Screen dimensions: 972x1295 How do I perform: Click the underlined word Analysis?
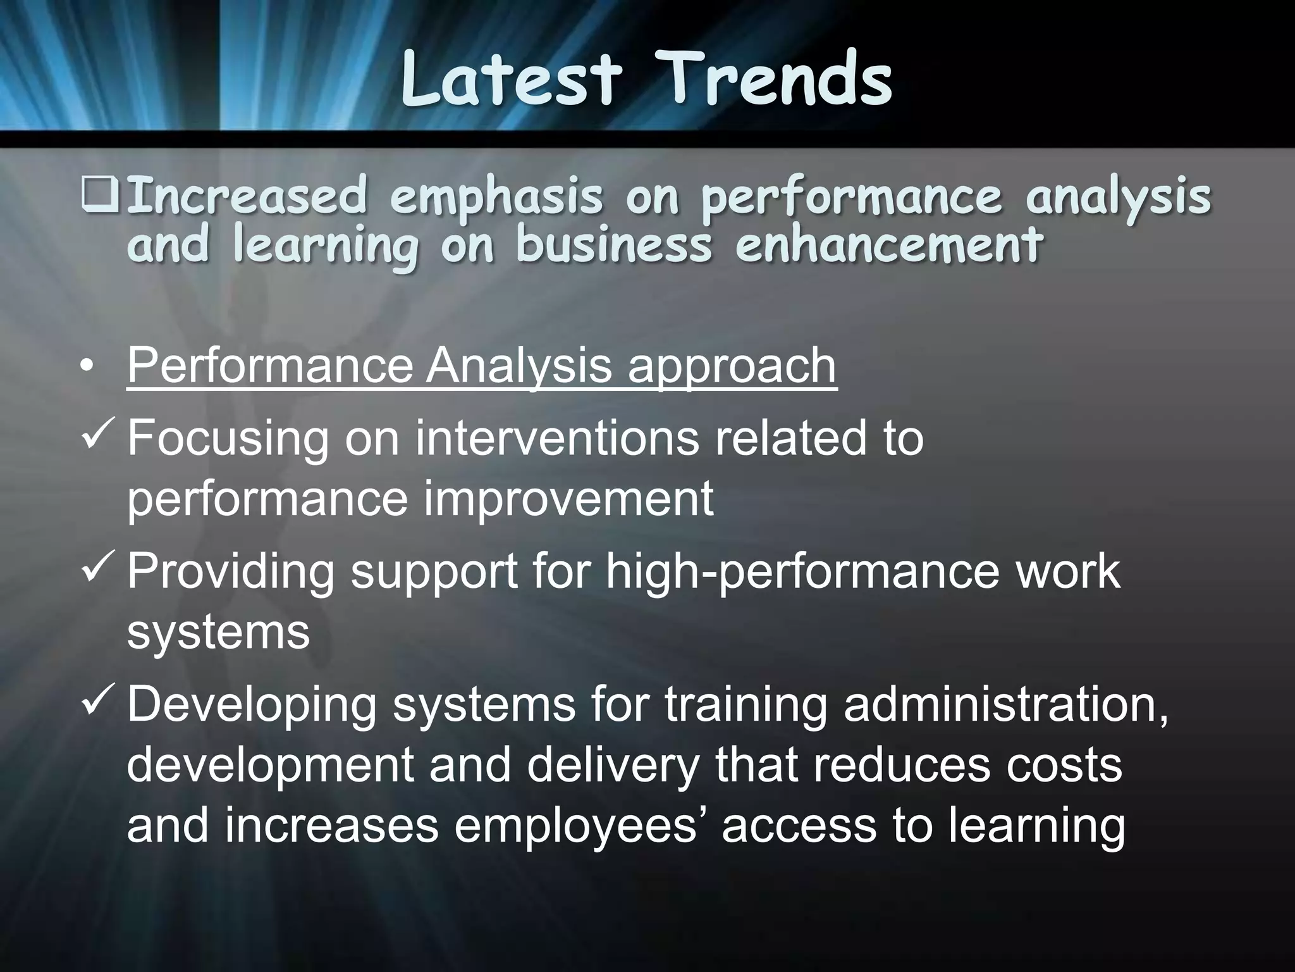(519, 366)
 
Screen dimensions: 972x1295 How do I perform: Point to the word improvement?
(568, 499)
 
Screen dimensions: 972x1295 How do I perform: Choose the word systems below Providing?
(218, 631)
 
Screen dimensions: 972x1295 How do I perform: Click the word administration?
(1005, 704)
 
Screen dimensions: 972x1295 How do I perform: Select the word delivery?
(613, 766)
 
